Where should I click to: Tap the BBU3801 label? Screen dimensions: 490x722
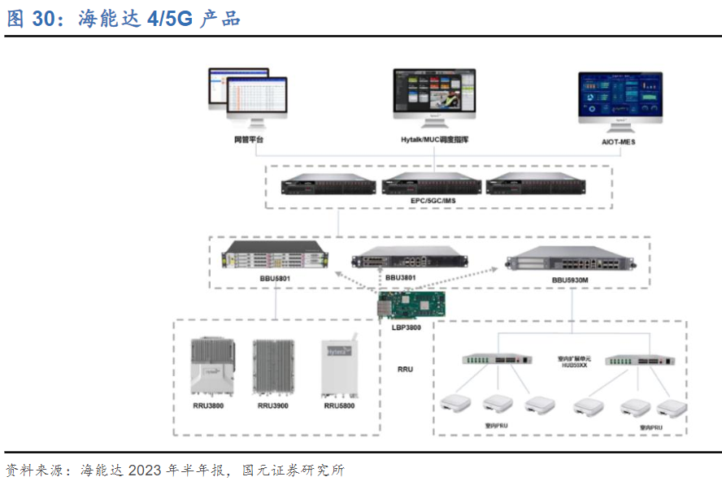400,278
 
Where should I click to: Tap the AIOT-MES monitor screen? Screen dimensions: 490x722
620,97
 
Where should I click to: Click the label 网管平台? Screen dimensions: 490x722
248,140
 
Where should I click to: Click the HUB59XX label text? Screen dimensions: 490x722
572,365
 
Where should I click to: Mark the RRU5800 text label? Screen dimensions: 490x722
340,405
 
